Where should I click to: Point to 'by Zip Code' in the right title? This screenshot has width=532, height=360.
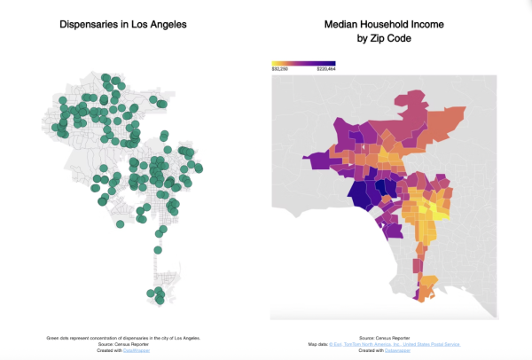[x=384, y=39]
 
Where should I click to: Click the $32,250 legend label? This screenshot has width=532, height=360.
[x=280, y=69]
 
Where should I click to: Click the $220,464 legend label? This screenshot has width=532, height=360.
[x=325, y=69]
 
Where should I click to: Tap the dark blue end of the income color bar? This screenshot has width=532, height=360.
[x=332, y=63]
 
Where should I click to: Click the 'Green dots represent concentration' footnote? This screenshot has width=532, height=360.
[x=123, y=338]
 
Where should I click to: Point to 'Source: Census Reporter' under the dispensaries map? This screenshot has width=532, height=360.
[x=123, y=344]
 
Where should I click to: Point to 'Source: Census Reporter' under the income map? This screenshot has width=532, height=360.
[x=384, y=338]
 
